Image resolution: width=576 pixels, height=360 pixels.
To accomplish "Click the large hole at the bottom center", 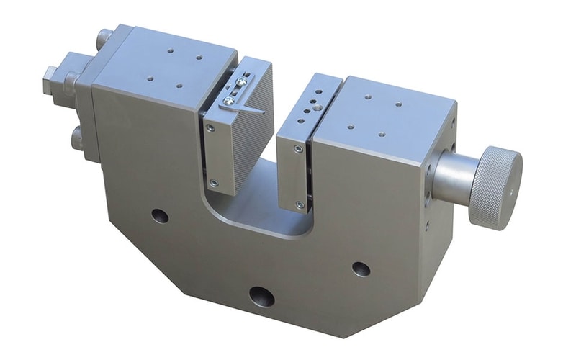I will [x=261, y=296].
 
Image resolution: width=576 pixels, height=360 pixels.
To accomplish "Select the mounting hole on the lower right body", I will [x=361, y=269].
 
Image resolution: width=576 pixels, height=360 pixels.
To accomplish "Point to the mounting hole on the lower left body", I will [x=160, y=215].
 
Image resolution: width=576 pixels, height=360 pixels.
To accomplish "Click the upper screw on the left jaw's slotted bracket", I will [x=240, y=83].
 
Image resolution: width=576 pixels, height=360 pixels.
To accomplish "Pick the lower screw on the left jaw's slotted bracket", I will [x=228, y=102].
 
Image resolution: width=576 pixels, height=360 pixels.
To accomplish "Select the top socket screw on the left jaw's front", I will [x=210, y=127].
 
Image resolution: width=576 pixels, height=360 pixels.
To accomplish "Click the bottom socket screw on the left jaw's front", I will [x=212, y=182].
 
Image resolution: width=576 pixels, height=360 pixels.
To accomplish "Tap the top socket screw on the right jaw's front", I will [x=298, y=149].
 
